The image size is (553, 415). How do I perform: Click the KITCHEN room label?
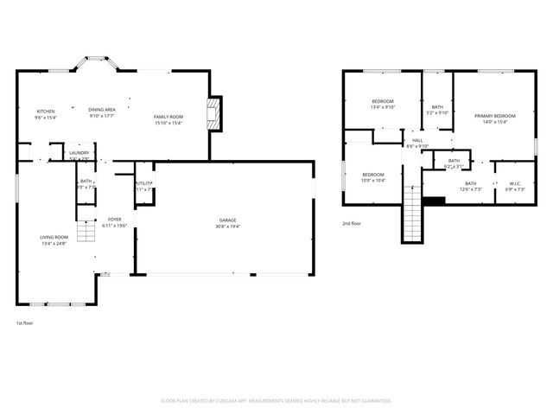click(x=45, y=112)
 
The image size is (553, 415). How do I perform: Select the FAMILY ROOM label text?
click(x=168, y=117)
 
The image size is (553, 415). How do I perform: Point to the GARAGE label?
click(x=226, y=220)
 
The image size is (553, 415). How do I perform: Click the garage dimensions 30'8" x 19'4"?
click(x=226, y=227)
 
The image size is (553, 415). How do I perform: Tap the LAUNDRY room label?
click(x=79, y=153)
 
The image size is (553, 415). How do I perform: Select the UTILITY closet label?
click(x=144, y=183)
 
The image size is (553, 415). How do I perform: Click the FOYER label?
click(x=114, y=220)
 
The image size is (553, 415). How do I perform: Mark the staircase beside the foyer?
click(x=86, y=231)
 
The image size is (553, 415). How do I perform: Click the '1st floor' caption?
click(x=24, y=323)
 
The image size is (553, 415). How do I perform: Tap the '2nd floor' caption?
click(x=351, y=223)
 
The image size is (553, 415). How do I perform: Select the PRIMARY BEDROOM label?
click(x=494, y=116)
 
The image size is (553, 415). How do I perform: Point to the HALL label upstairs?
click(x=417, y=140)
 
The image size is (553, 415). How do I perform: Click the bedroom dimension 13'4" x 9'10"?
click(x=383, y=108)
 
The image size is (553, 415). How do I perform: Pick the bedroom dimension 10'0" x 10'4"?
click(x=373, y=180)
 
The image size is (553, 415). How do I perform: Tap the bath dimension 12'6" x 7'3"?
click(x=470, y=188)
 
